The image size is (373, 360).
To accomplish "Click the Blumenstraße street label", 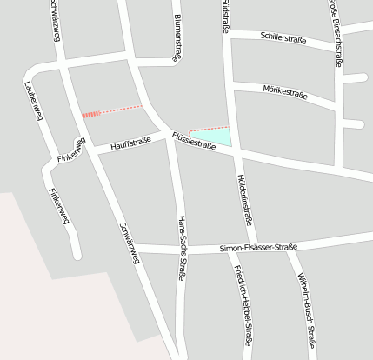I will [x=177, y=36].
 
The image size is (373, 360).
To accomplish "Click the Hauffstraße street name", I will [x=131, y=142].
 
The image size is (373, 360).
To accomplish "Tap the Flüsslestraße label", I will [x=193, y=141].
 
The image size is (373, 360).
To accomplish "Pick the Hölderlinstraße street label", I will [x=244, y=199].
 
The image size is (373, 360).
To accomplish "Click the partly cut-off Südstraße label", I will [x=225, y=12].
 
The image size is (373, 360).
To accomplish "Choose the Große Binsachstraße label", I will [x=335, y=30].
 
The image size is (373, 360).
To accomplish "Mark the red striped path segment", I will [x=92, y=114].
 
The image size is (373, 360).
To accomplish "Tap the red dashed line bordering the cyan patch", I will [x=209, y=129].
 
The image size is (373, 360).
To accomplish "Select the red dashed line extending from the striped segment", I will [x=122, y=109].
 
